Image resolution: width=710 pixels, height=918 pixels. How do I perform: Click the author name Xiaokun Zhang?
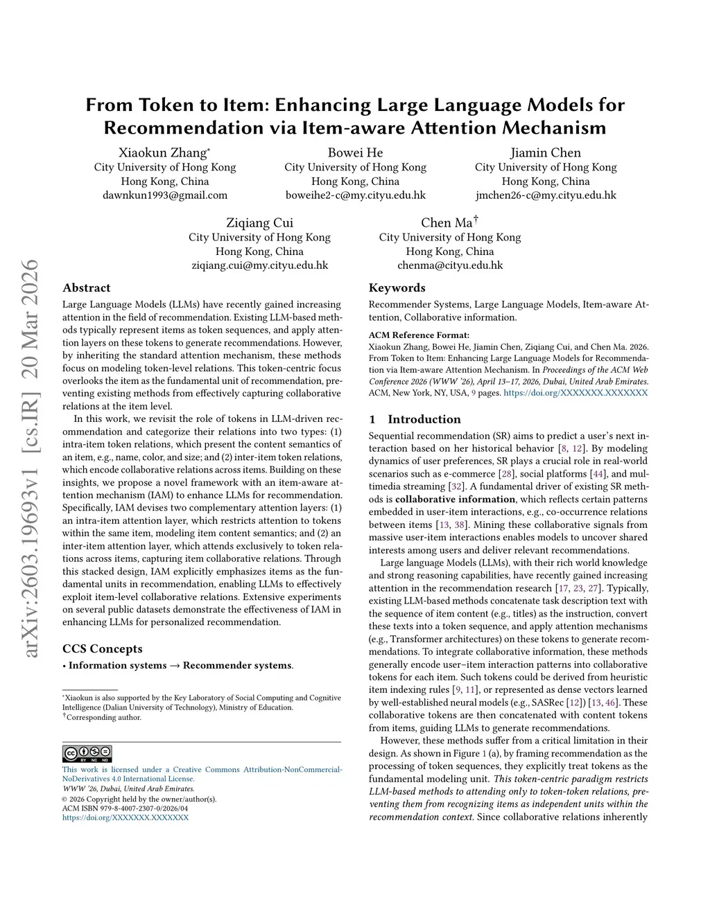163,153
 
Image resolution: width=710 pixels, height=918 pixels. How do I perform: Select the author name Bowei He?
355,153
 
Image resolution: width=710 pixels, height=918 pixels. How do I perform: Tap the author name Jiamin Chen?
545,153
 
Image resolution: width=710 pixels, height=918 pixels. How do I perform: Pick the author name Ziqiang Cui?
259,223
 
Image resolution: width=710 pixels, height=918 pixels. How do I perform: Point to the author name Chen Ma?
447,223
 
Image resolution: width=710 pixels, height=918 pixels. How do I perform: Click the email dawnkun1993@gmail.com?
165,195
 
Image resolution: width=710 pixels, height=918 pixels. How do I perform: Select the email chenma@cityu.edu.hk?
450,265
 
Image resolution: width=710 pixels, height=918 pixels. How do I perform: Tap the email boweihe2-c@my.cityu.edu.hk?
355,195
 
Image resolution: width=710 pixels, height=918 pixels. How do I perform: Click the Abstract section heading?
87,288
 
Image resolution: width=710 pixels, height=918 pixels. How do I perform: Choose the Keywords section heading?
397,288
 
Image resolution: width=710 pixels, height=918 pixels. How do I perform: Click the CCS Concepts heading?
103,649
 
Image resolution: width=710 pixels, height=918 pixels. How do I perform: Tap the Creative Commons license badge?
87,754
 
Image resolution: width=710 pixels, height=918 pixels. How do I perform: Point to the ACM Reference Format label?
419,335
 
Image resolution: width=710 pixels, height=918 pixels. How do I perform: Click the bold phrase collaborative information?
455,500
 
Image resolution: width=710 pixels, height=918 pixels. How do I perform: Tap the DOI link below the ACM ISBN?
125,818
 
